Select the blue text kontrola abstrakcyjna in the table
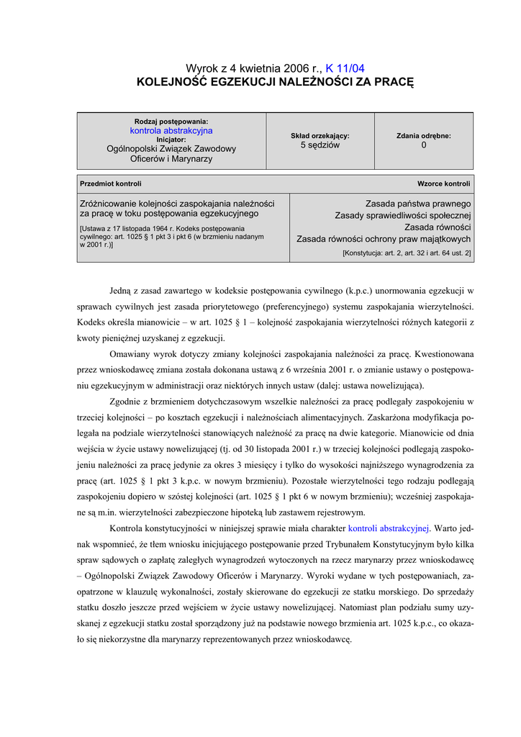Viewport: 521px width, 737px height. pyautogui.click(x=171, y=131)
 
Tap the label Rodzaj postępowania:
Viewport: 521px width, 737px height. pyautogui.click(x=171, y=122)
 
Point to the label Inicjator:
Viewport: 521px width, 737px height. pyautogui.click(x=171, y=140)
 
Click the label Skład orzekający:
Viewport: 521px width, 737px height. pyautogui.click(x=320, y=135)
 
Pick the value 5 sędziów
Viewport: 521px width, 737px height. pyautogui.click(x=320, y=145)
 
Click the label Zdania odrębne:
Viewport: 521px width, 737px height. pyautogui.click(x=424, y=135)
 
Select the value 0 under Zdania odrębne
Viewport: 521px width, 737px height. pyautogui.click(x=424, y=145)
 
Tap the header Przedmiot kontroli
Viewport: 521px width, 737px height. pyautogui.click(x=111, y=184)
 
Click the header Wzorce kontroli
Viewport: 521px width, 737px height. pyautogui.click(x=444, y=184)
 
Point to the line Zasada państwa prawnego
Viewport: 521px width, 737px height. pyautogui.click(x=418, y=204)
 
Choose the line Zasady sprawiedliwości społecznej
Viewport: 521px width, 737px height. pyautogui.click(x=403, y=216)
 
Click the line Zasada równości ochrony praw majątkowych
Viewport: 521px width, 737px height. pyautogui.click(x=384, y=239)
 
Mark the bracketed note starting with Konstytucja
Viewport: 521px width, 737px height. pyautogui.click(x=407, y=253)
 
